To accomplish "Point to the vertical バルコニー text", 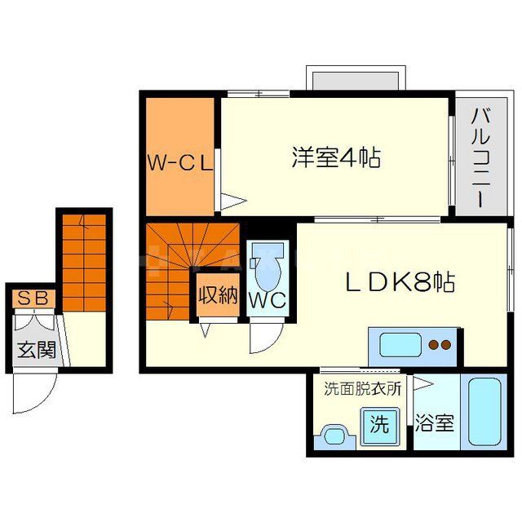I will [480, 161].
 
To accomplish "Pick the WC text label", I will [268, 299].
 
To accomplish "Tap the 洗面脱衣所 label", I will [362, 388].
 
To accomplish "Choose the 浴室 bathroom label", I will [434, 424].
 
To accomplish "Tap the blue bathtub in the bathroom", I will [482, 412].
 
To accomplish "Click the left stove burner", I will [435, 344].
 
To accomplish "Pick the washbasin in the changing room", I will [334, 436].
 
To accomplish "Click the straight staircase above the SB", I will [84, 261].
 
